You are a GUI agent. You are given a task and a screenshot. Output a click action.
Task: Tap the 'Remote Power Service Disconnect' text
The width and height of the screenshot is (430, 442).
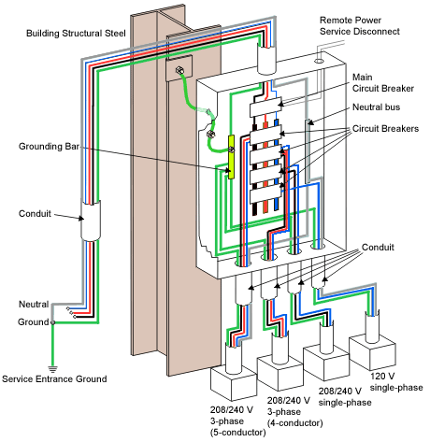pos(359,25)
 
